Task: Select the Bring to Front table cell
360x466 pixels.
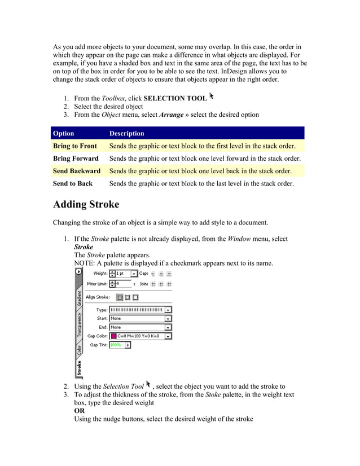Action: tap(74, 146)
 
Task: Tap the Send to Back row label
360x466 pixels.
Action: tap(72, 183)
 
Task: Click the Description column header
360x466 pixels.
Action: tap(126, 134)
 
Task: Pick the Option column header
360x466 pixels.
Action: tap(63, 134)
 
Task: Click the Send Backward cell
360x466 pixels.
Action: tap(76, 171)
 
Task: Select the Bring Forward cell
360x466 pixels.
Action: tap(76, 159)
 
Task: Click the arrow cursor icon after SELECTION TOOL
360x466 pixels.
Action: tap(212, 96)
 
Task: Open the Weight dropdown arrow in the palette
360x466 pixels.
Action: tap(134, 274)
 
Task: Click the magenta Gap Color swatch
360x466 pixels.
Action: tap(113, 336)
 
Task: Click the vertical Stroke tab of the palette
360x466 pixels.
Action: tap(79, 368)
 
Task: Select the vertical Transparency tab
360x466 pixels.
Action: tap(79, 324)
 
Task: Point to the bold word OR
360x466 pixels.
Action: tap(80, 411)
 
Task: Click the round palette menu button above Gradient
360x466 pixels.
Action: tap(79, 271)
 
